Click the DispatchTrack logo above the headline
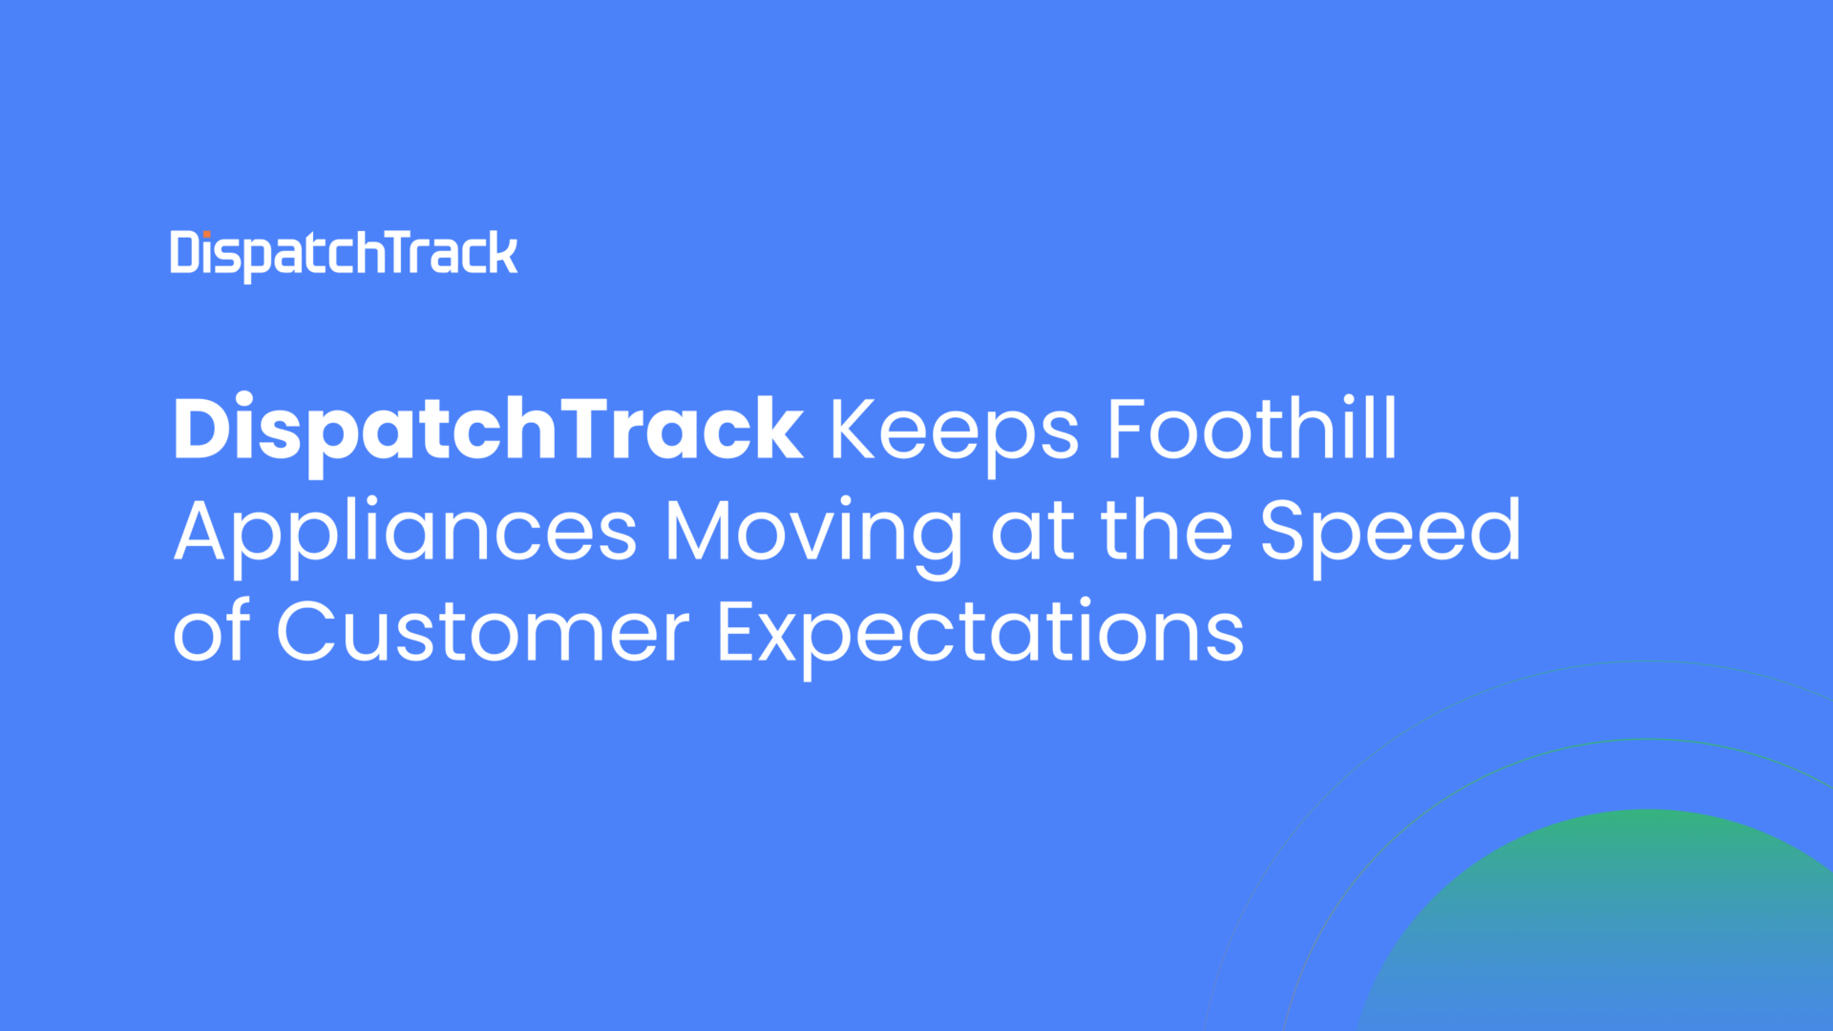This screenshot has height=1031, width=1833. point(344,254)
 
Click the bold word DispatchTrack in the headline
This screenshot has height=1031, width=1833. point(488,431)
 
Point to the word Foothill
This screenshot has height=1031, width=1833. point(1252,429)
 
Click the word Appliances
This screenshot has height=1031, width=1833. point(406,532)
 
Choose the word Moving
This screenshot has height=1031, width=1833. point(813,532)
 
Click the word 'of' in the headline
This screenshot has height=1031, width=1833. point(212,632)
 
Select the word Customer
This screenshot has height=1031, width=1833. point(482,632)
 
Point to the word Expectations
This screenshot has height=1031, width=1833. point(980,632)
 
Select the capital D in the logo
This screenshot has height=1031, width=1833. point(184,253)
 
